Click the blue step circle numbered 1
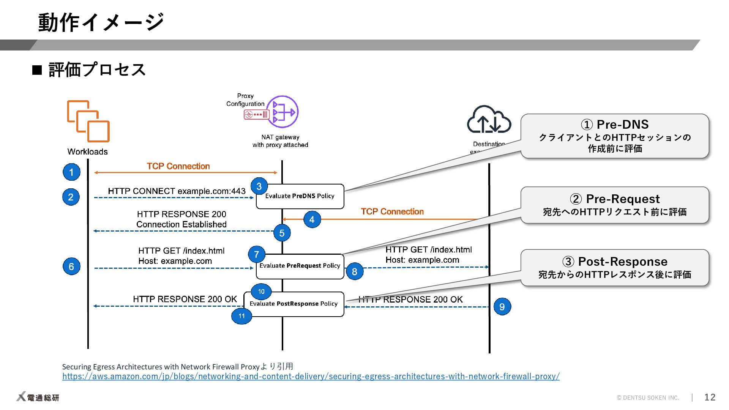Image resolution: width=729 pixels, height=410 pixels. click(x=71, y=172)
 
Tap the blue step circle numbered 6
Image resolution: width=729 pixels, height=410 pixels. click(x=71, y=266)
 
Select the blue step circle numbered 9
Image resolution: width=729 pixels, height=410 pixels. click(x=502, y=306)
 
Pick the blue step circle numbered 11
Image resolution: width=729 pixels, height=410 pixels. click(x=241, y=316)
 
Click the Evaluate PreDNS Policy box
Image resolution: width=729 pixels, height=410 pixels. click(x=300, y=196)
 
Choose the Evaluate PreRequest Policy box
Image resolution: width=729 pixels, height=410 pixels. click(x=300, y=266)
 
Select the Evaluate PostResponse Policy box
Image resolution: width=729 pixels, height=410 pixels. click(x=294, y=304)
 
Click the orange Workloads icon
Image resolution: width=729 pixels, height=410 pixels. click(x=88, y=121)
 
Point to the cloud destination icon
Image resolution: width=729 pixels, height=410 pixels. click(x=489, y=120)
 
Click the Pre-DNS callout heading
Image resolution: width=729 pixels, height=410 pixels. click(x=615, y=125)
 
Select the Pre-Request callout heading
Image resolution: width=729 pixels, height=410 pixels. click(x=615, y=199)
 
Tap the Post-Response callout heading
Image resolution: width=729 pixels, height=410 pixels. click(x=615, y=262)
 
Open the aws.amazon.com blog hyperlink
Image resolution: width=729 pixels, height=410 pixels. click(x=311, y=376)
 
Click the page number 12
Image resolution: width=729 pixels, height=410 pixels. click(x=710, y=397)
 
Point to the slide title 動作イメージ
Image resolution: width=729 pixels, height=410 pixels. click(x=101, y=22)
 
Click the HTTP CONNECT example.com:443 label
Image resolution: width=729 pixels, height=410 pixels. click(x=177, y=191)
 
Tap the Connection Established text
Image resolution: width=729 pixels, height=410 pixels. click(x=181, y=224)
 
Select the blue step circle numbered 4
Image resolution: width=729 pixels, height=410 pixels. click(x=312, y=219)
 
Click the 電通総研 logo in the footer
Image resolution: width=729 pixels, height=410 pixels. click(x=38, y=397)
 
